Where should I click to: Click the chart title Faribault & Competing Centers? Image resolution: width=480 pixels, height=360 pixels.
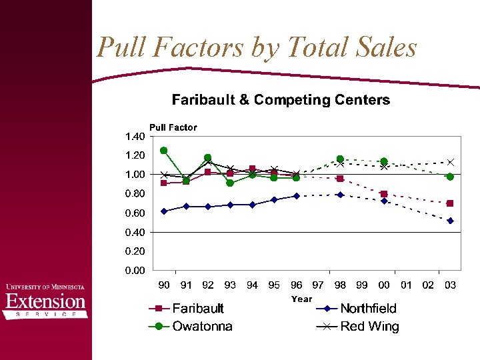coord(281,100)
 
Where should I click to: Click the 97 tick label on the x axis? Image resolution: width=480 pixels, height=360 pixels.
coord(318,285)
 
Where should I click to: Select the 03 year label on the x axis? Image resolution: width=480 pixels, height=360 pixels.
coord(450,285)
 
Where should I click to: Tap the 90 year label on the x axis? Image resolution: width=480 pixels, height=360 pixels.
coord(164,285)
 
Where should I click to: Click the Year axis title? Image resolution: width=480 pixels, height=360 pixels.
coord(301,299)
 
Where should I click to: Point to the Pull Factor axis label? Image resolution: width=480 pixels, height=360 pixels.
coord(173,127)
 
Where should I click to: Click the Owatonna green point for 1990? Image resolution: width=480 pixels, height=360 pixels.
coord(164,151)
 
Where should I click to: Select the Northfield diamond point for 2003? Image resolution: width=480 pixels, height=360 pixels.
coord(450,221)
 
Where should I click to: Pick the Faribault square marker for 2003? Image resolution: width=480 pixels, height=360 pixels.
coord(450,203)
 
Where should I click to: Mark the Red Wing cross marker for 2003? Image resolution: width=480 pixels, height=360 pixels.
coord(450,162)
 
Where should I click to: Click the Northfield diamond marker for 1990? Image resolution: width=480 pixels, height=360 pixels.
coord(164,211)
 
